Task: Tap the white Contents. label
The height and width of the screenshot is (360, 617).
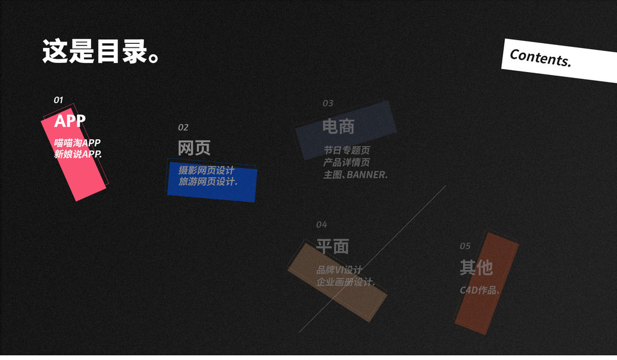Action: pyautogui.click(x=540, y=58)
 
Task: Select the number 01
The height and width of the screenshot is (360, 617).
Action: pyautogui.click(x=58, y=100)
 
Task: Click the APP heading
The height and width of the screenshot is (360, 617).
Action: pyautogui.click(x=70, y=121)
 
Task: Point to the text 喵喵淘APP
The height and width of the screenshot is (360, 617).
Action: pyautogui.click(x=77, y=143)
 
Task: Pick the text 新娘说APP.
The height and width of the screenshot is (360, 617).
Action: pyautogui.click(x=78, y=154)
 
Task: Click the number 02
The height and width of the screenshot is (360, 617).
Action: pyautogui.click(x=183, y=127)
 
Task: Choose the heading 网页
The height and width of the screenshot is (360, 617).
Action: pyautogui.click(x=194, y=148)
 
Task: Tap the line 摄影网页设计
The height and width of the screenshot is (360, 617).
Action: pyautogui.click(x=206, y=170)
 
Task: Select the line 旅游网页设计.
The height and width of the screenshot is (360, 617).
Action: pyautogui.click(x=207, y=181)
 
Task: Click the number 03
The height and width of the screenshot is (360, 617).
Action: pyautogui.click(x=328, y=103)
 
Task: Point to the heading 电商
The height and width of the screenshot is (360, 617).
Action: pyautogui.click(x=338, y=127)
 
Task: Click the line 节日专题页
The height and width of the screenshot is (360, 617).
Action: pyautogui.click(x=347, y=150)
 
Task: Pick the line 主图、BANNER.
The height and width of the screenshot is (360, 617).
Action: pyautogui.click(x=355, y=175)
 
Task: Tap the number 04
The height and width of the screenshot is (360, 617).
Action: pyautogui.click(x=321, y=225)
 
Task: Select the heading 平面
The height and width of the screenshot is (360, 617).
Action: pyautogui.click(x=332, y=247)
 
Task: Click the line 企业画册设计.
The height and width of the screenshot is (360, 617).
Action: pyautogui.click(x=345, y=282)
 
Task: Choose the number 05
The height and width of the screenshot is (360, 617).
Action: pyautogui.click(x=465, y=246)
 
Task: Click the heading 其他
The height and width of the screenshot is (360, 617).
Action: pyautogui.click(x=476, y=268)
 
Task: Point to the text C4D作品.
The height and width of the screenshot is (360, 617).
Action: pyautogui.click(x=480, y=290)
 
